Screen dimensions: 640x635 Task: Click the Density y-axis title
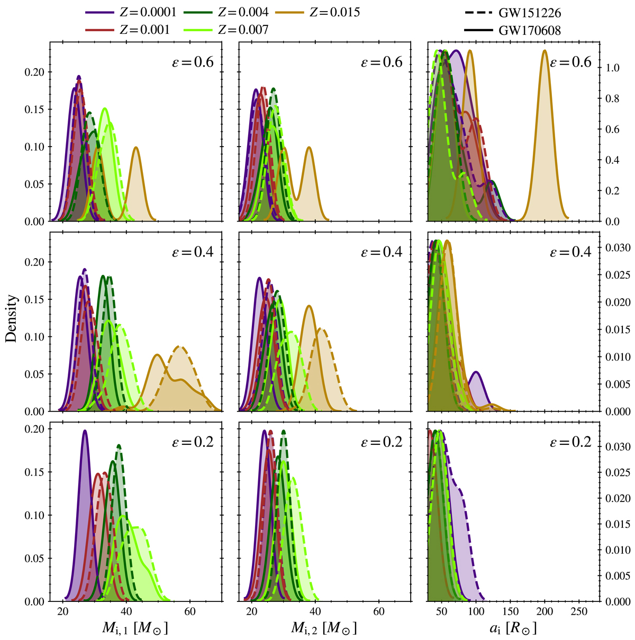coord(12,318)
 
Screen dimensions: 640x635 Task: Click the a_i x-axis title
coord(513,628)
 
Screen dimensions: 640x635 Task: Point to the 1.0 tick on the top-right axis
coord(613,68)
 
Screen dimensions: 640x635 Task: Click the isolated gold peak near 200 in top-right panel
coord(545,51)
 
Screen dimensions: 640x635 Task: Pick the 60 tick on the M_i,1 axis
coord(190,612)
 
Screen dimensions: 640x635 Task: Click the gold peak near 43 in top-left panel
coord(136,148)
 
